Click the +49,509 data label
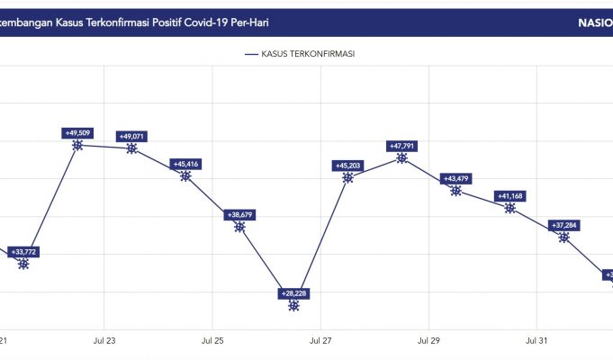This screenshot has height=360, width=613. (x=77, y=132)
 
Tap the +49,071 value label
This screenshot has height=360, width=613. (x=131, y=137)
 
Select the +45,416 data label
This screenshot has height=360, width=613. (x=185, y=164)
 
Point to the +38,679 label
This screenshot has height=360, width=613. (x=239, y=215)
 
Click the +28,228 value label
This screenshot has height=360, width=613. (x=293, y=293)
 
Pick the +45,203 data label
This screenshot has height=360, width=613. (x=347, y=166)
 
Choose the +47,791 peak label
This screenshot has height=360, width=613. (x=401, y=146)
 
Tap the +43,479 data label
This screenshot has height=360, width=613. (x=455, y=178)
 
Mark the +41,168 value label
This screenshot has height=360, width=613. (x=509, y=196)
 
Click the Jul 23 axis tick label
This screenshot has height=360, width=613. (x=104, y=341)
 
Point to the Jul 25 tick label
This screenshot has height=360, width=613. (x=212, y=341)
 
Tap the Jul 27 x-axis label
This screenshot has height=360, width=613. (x=320, y=341)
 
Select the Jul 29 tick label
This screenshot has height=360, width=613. (x=428, y=341)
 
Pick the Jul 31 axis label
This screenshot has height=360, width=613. (x=536, y=341)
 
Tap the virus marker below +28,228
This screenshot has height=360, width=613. (x=293, y=306)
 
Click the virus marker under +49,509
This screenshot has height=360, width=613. (x=77, y=145)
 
